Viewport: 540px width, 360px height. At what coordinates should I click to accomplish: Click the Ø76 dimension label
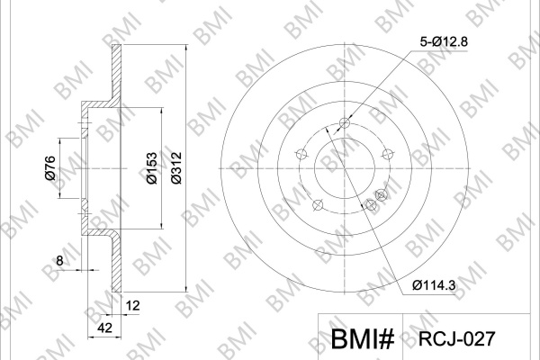[x=50, y=167]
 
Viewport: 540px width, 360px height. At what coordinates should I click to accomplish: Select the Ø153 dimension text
[x=151, y=167]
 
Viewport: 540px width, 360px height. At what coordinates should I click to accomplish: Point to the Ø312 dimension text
[x=176, y=167]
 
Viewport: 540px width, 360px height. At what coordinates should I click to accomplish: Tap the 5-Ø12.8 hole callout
[x=444, y=41]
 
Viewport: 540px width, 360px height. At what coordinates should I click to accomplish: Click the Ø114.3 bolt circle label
[x=434, y=285]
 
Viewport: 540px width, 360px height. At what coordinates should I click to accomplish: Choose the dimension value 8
[x=59, y=261]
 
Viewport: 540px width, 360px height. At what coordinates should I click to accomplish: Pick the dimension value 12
[x=132, y=305]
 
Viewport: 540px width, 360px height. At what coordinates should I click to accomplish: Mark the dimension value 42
[x=104, y=328]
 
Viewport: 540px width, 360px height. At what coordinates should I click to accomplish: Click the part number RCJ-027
[x=456, y=338]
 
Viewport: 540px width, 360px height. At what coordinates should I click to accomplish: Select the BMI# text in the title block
[x=363, y=339]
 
